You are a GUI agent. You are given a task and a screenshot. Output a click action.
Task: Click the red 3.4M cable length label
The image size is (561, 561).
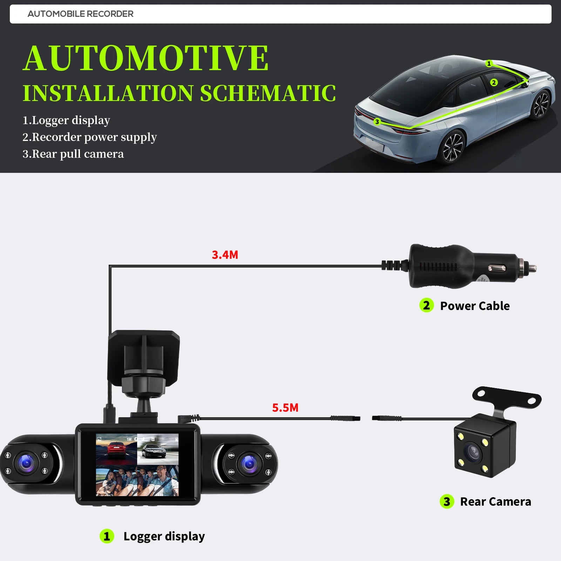tap(225, 255)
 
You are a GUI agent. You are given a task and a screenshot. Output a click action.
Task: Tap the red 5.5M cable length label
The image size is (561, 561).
tap(285, 408)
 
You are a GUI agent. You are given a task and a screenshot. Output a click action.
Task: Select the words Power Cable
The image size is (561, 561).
tap(475, 306)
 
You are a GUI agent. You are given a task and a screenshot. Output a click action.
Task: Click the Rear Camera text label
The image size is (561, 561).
tap(495, 502)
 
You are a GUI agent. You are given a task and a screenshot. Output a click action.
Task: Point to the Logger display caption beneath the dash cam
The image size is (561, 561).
tap(164, 536)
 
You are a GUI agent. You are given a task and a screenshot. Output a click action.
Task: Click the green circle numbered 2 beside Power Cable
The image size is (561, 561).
tap(426, 305)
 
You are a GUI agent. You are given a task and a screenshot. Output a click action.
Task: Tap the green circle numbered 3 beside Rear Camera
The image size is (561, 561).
tap(447, 501)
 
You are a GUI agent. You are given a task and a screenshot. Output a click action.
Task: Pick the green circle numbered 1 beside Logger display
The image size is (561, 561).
tap(107, 536)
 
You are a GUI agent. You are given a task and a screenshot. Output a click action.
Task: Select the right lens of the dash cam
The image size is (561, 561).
tap(249, 464)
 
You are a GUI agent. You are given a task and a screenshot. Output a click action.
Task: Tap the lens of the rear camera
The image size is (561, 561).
tap(472, 453)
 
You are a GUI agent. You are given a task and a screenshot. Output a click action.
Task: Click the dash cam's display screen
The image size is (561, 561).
tap(137, 465)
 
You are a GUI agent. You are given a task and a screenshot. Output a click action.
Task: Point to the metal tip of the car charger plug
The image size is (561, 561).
tap(532, 269)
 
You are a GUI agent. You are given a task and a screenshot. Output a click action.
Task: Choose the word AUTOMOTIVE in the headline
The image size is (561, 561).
tap(146, 58)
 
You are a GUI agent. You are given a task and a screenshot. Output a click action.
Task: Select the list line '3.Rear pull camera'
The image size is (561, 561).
tap(73, 154)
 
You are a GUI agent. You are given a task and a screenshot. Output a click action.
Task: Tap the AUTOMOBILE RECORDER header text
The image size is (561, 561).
tap(80, 14)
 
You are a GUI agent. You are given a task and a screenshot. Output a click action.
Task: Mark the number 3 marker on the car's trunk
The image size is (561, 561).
tap(377, 122)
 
